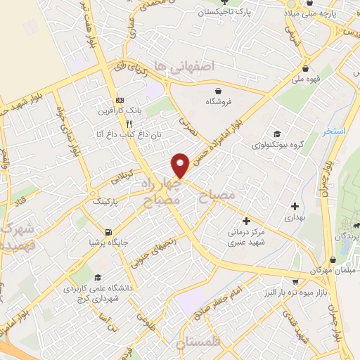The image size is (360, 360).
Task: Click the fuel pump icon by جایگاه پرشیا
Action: [x=108, y=232]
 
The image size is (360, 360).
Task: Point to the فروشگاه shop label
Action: [x=219, y=101]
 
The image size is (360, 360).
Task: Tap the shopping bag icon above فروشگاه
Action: [x=219, y=91]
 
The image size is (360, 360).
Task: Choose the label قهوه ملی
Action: [x=307, y=80]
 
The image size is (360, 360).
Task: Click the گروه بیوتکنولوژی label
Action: [x=278, y=146]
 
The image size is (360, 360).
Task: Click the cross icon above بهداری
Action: [x=295, y=206]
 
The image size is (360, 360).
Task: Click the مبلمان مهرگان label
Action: [x=335, y=271]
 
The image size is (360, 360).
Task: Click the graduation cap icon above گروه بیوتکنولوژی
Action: [x=278, y=134]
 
